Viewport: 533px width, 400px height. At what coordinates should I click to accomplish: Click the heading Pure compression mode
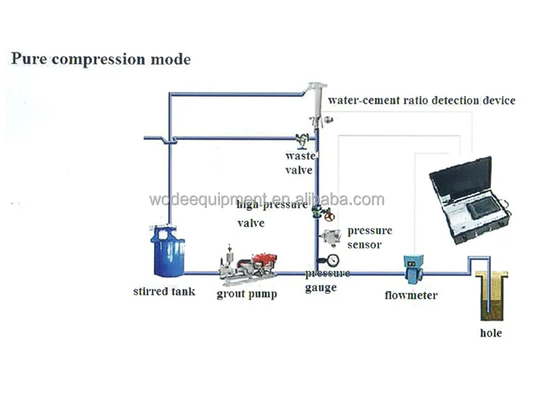pos(101,59)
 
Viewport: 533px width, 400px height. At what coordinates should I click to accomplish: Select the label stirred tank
pos(164,291)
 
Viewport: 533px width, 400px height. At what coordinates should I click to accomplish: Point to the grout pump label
pos(247,293)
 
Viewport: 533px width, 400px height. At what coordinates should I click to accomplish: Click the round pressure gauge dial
pos(332,259)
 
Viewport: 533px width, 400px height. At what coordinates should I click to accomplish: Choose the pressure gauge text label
pos(327,281)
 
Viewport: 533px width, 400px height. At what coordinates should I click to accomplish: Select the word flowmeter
pos(411,295)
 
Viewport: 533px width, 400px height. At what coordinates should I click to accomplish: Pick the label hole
pos(491,333)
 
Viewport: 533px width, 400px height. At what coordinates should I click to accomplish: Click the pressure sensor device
pos(330,236)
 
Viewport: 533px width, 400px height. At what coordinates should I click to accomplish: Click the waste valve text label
pos(299,162)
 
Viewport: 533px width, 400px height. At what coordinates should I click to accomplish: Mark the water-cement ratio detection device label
pos(422,101)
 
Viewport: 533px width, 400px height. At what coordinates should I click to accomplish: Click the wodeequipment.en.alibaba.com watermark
pos(266,199)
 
